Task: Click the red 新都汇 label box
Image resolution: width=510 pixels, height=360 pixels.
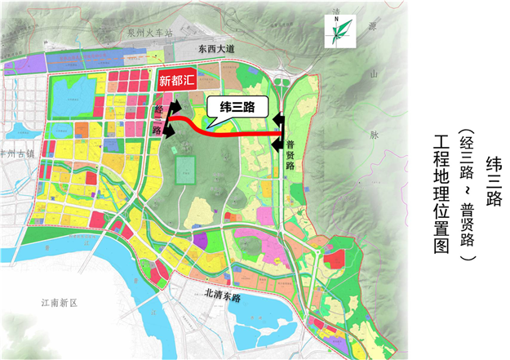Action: (x=177, y=80)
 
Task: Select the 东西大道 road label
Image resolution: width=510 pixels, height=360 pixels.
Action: (x=212, y=51)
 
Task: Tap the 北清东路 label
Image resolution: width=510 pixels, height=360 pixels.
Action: (x=219, y=297)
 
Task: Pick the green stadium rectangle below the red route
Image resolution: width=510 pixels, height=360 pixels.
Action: (x=186, y=171)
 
